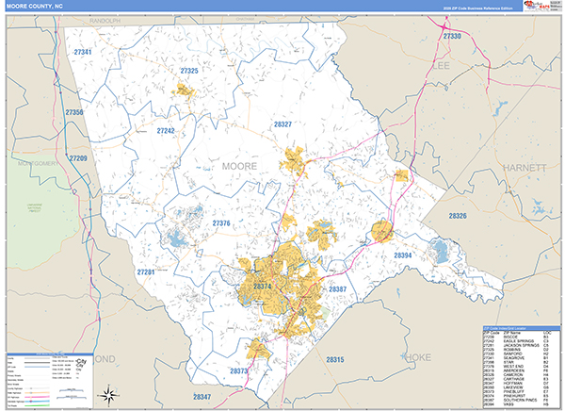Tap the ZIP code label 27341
pos(83,53)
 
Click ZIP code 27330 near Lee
pos(453,36)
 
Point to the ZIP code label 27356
pos(75,113)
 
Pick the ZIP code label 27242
pos(166,131)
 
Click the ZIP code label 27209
pos(78,157)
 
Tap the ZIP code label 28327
pos(282,124)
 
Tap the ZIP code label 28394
pos(403,255)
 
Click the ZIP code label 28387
pos(338,288)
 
